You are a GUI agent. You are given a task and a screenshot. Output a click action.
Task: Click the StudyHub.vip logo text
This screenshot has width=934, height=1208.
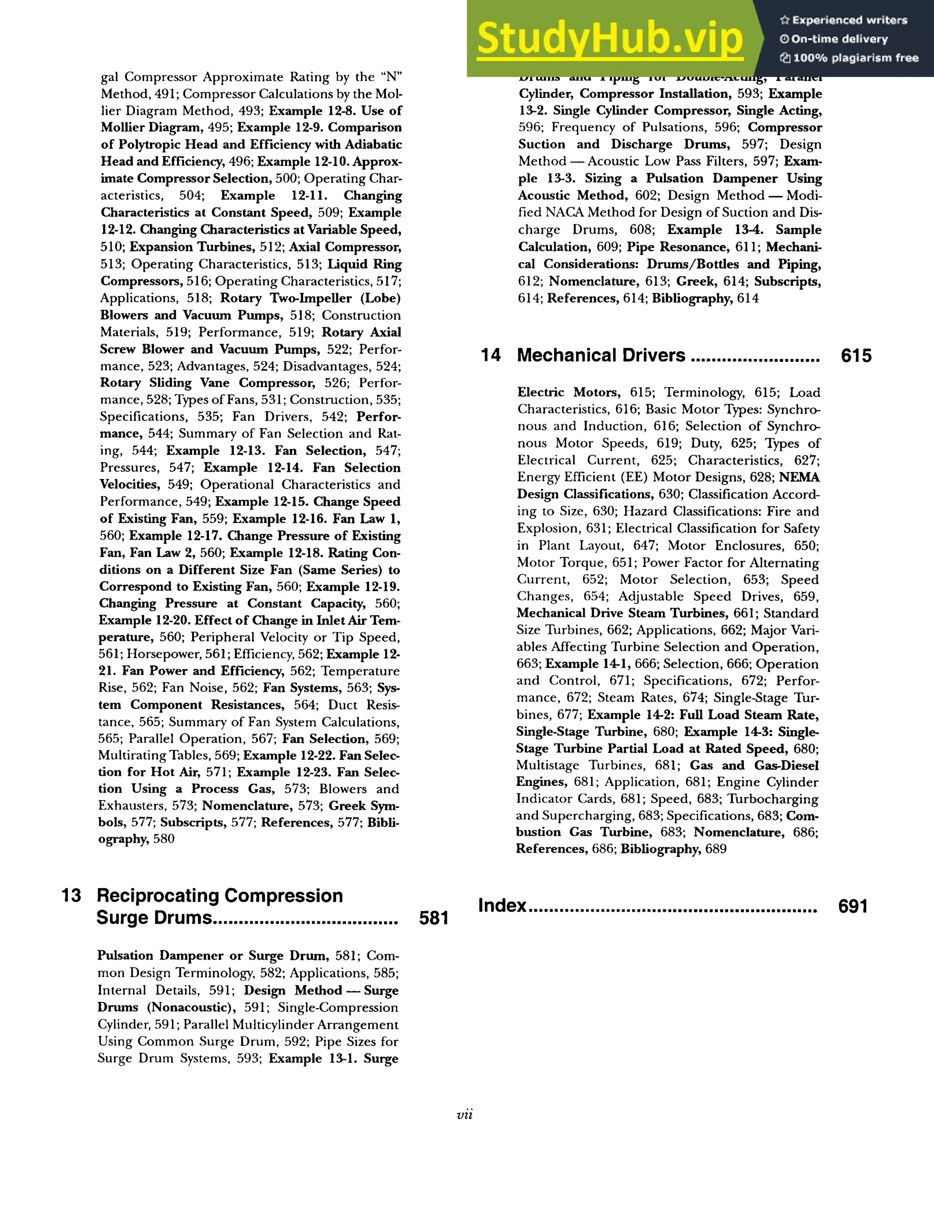609,39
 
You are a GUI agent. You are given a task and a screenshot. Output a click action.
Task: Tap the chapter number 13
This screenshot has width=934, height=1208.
72,895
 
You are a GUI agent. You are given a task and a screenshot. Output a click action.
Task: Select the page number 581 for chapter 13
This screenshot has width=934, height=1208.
433,918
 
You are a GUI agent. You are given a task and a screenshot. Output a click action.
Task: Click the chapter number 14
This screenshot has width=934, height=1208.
491,355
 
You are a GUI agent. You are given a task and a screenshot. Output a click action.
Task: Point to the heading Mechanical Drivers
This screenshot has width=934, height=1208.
601,355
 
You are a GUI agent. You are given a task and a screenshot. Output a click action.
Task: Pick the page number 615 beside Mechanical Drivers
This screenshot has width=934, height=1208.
856,356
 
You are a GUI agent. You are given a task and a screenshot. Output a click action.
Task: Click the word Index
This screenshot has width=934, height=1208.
502,905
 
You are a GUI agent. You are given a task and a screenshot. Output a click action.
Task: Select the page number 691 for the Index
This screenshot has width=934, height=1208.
853,906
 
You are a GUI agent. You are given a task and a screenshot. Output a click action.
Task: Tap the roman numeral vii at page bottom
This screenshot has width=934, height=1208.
465,1115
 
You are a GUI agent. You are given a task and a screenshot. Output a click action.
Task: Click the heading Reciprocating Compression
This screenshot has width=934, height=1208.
220,895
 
